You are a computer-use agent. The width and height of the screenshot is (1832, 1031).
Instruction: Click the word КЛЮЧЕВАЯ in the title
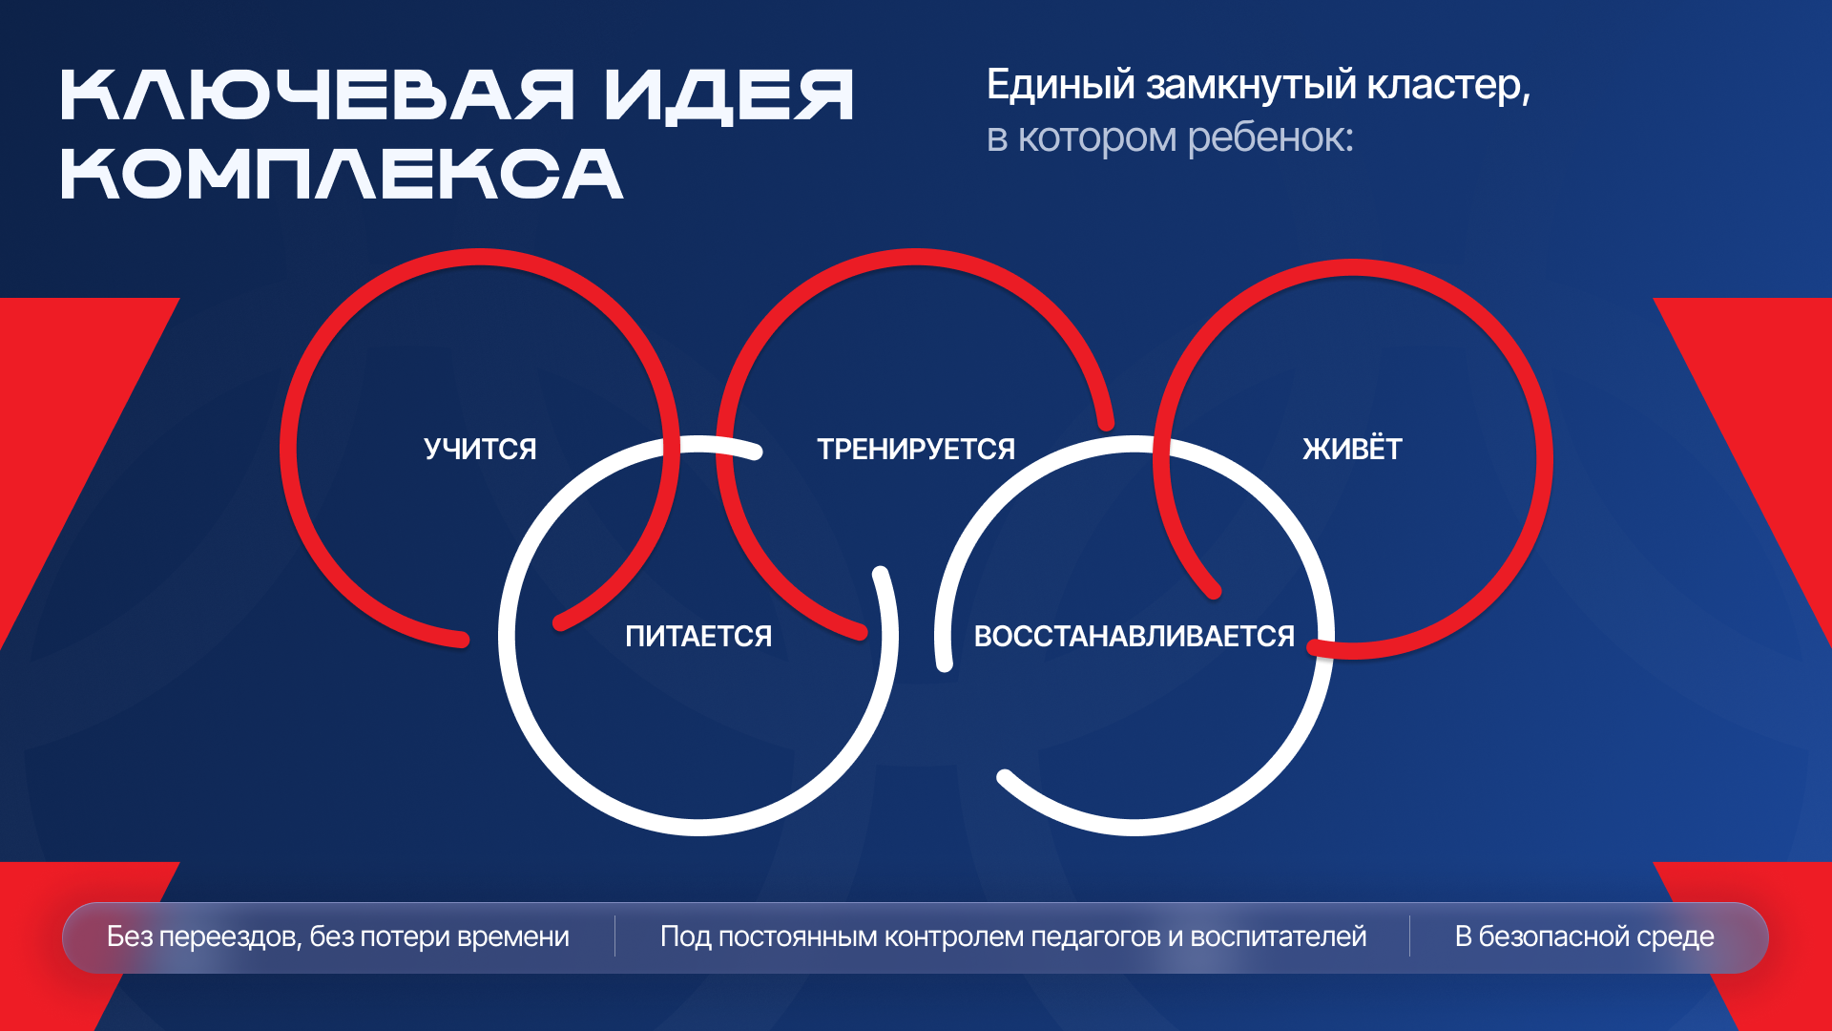click(x=317, y=95)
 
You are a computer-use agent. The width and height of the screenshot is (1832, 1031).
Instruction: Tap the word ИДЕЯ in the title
click(x=729, y=95)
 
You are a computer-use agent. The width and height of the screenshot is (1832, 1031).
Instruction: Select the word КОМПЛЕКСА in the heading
click(x=342, y=174)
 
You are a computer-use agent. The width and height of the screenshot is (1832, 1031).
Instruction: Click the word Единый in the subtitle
click(x=1060, y=86)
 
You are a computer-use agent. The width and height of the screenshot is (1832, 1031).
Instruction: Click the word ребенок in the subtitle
click(x=1270, y=137)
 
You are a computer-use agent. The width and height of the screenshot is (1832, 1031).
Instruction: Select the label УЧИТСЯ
click(x=480, y=449)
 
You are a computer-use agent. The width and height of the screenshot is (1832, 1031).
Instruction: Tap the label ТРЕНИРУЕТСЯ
click(x=916, y=449)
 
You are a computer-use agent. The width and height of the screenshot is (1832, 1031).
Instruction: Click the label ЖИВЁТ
click(x=1352, y=449)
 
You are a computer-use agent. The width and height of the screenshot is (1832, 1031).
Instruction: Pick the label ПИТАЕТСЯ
click(x=698, y=636)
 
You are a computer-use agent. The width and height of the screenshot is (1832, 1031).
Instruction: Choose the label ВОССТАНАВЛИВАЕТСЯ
click(x=1134, y=636)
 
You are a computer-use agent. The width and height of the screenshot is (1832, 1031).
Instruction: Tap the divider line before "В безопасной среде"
click(x=1409, y=936)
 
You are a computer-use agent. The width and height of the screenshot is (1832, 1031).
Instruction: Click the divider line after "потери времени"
click(x=614, y=936)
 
